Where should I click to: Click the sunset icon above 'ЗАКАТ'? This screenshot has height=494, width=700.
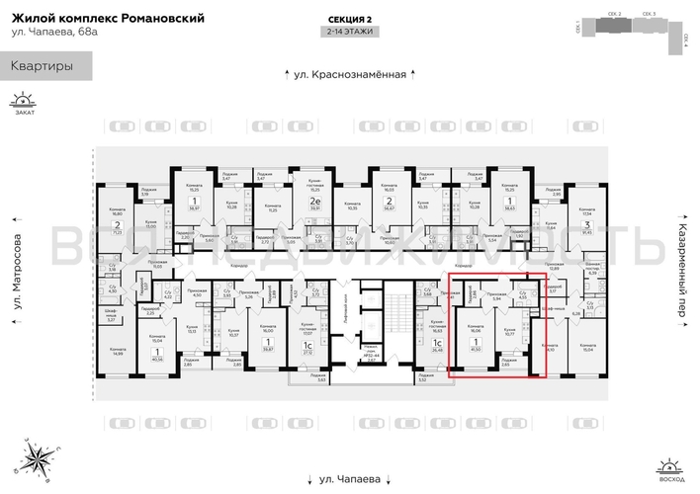point(22,100)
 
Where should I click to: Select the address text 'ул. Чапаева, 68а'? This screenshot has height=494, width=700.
point(56,36)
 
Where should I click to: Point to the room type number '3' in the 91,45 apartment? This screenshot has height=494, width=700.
point(587,226)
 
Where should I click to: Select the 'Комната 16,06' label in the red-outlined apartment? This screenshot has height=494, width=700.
point(475,329)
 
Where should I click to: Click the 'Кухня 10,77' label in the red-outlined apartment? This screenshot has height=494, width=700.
point(509,331)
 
